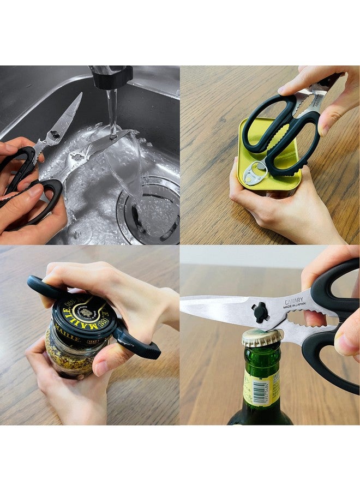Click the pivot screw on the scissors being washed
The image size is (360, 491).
(x=55, y=134)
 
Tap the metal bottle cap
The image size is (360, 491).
(x=262, y=337)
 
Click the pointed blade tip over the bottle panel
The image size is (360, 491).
(x=184, y=299)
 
